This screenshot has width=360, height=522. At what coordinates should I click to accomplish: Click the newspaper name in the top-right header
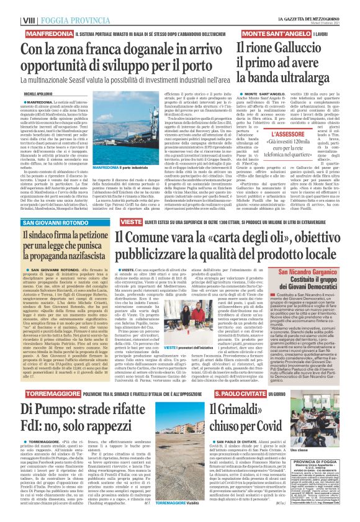pyautogui.click(x=308, y=4)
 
